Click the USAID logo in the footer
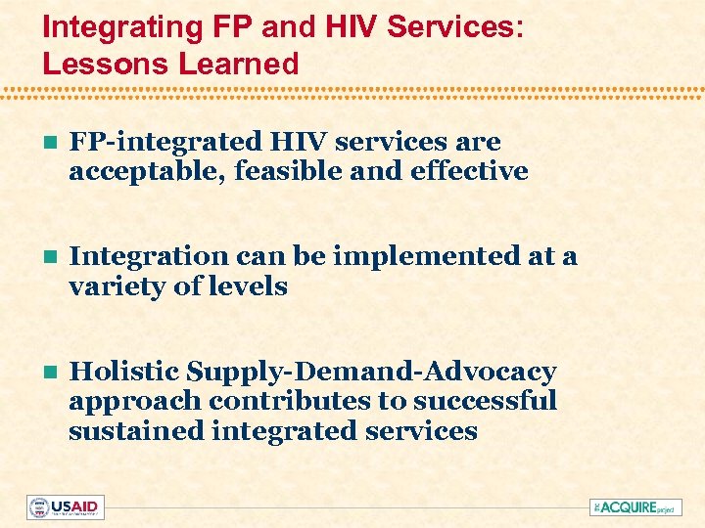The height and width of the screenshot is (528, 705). [66, 507]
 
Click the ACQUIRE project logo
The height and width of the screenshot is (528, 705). [634, 507]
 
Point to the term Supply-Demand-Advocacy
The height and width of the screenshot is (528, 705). [371, 372]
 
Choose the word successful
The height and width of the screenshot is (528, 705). [485, 401]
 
